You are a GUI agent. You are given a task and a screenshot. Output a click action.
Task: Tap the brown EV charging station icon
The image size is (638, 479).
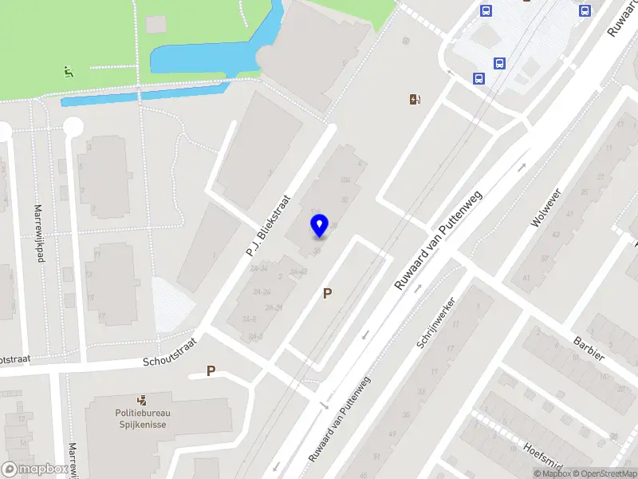coord(414,99)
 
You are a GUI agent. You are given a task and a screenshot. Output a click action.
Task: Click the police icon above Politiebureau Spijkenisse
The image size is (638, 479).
coord(141,399)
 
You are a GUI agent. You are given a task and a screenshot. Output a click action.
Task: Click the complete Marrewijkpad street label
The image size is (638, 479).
coord(37,234)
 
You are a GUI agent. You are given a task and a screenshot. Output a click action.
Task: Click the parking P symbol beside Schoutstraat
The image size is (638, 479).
coord(211,370)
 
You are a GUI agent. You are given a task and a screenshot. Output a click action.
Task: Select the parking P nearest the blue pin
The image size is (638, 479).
coord(327,294)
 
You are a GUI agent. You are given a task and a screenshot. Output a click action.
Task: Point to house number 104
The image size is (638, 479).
coord(345,180)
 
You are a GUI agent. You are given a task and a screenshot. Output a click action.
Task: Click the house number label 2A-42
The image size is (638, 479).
coord(298,273)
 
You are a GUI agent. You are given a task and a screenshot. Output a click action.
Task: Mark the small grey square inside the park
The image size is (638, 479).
coord(156,24)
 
